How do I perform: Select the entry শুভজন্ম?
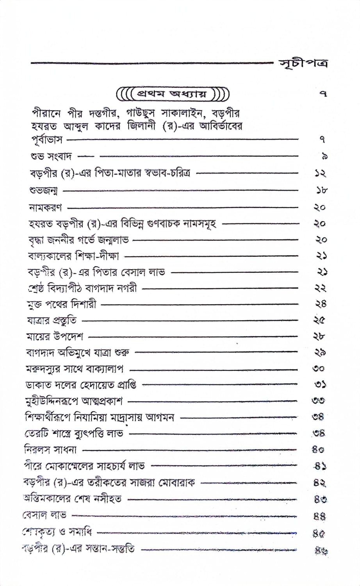pos(43,191)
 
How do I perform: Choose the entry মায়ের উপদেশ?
pos(54,336)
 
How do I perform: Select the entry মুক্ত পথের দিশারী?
pos(61,304)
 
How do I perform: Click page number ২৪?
pos(320,304)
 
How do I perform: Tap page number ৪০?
pos(318,450)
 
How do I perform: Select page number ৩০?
pos(319,368)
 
